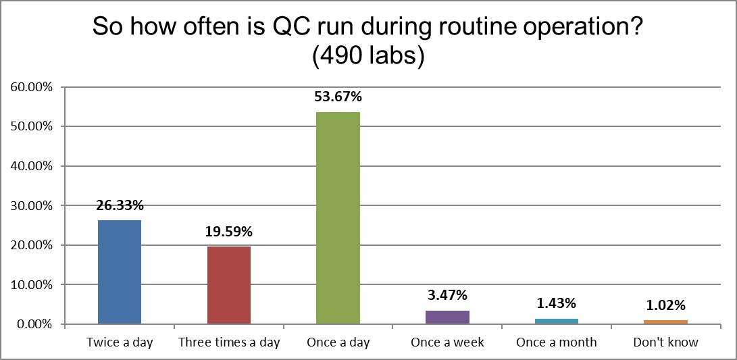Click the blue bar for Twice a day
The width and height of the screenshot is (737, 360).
click(120, 272)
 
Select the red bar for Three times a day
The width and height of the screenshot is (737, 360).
click(229, 285)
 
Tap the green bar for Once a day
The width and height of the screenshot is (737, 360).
click(338, 218)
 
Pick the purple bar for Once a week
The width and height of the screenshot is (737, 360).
click(447, 317)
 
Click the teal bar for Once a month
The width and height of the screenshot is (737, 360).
click(556, 322)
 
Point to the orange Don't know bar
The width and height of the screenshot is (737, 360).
click(665, 322)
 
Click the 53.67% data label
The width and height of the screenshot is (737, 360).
click(338, 97)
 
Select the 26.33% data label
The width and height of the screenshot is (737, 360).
click(120, 205)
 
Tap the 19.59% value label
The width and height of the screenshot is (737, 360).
click(229, 232)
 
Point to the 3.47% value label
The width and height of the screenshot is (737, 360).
click(447, 295)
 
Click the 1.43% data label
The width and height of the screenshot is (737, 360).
click(556, 303)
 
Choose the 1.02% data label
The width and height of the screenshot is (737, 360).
click(665, 305)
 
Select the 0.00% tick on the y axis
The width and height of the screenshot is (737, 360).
click(34, 324)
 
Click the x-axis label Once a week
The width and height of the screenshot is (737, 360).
click(447, 342)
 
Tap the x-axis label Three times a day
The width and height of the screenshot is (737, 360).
click(229, 342)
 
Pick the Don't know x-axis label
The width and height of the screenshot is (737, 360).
click(665, 342)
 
